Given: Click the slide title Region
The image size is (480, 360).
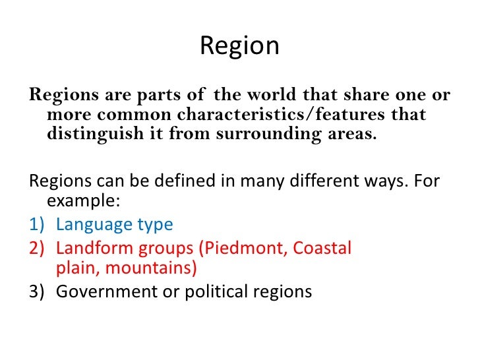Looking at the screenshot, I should [x=239, y=46].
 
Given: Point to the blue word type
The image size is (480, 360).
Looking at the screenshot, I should [x=154, y=225].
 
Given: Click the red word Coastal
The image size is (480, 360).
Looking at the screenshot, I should [x=322, y=248].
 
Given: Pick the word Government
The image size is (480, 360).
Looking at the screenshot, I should [x=101, y=291].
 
